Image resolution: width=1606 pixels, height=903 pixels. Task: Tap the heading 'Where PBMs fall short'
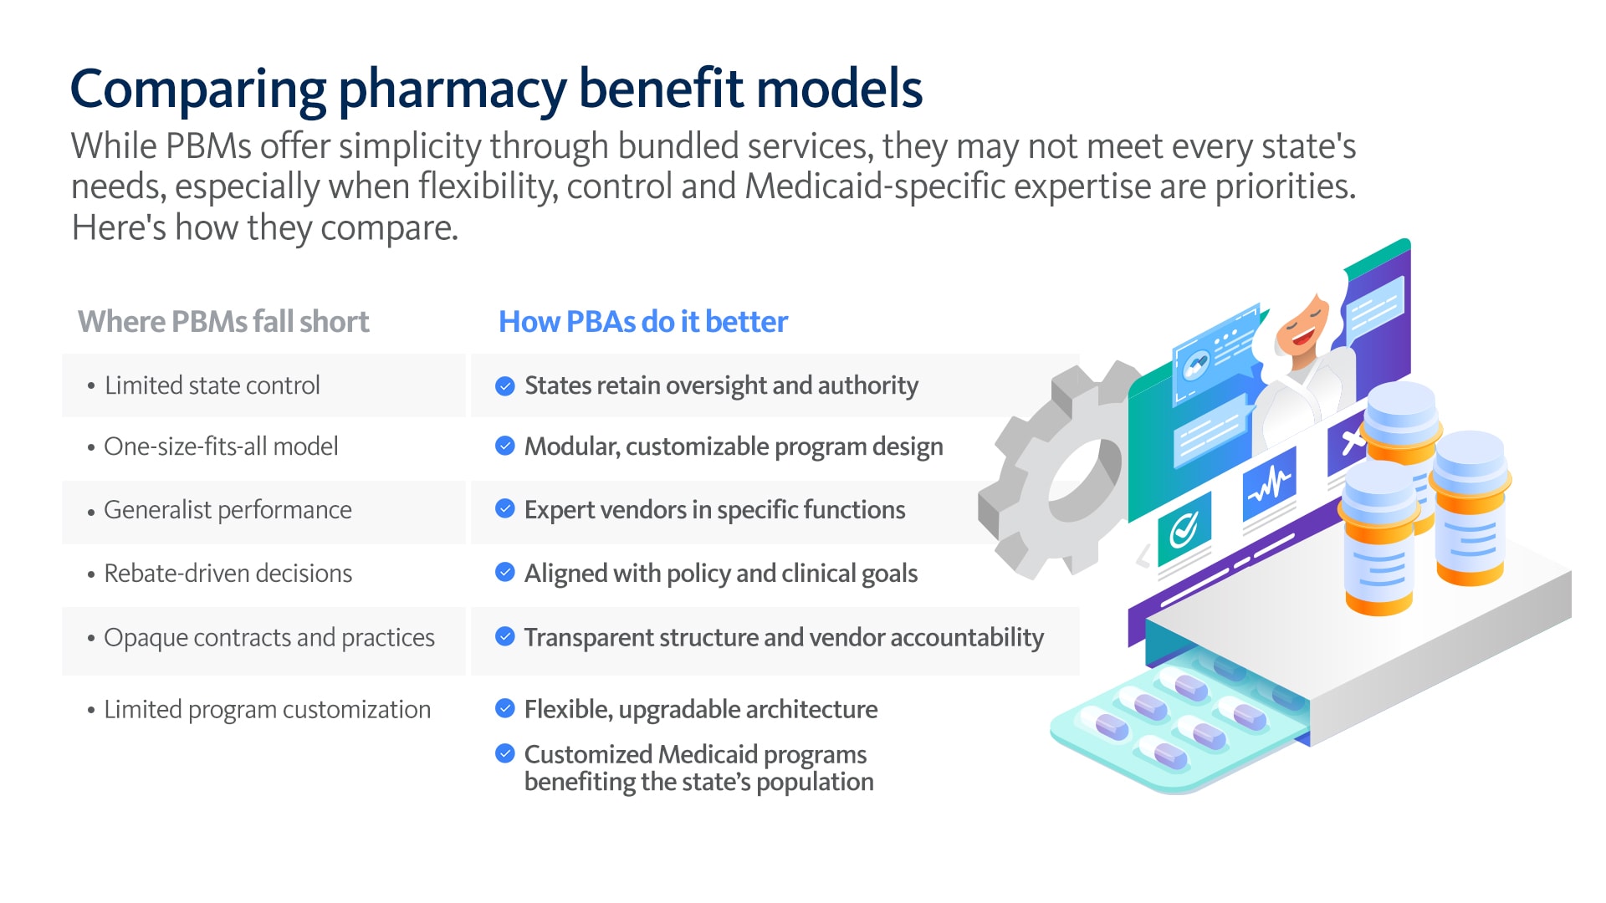[x=223, y=322]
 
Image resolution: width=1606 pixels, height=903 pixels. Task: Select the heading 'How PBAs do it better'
[x=643, y=322]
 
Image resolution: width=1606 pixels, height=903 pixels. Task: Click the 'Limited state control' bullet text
[x=212, y=385]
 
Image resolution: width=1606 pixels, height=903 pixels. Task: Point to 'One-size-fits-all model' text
[x=221, y=446]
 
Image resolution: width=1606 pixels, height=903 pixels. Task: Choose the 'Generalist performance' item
[x=228, y=510]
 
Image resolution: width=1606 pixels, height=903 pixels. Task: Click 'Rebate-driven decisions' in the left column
[x=228, y=574]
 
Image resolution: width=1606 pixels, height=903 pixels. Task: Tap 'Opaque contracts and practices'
[x=269, y=638]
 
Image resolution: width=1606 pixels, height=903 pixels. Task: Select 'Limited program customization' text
[x=268, y=710]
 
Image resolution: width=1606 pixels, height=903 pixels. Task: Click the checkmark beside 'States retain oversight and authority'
[x=505, y=385]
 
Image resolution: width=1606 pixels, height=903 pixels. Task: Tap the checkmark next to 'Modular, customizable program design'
[x=505, y=446]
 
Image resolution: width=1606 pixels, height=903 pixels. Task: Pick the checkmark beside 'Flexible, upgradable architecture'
[x=505, y=709]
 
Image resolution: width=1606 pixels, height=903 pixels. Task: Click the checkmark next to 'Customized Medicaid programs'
[x=505, y=753]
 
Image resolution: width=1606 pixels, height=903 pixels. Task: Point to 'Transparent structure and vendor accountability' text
[x=785, y=638]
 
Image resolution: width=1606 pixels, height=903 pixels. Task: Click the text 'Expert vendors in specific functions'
[x=715, y=510]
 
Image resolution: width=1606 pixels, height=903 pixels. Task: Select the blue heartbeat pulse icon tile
[x=1270, y=484]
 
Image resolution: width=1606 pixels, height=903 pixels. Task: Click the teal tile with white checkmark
[x=1184, y=528]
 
